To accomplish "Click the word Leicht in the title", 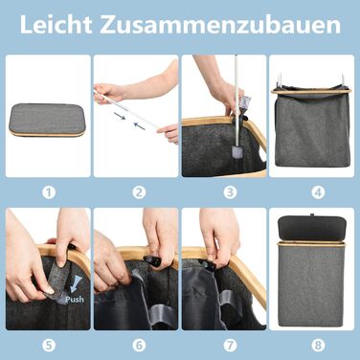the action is point(56,25).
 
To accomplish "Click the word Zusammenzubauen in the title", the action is point(220,25).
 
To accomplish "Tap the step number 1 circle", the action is point(49,192).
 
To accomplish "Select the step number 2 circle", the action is point(139,192).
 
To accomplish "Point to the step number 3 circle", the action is point(230,192).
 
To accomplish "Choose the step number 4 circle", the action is point(318,192).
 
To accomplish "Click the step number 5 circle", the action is point(49,346).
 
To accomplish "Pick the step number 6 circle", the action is point(139,346).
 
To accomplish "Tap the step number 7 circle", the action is point(230,346).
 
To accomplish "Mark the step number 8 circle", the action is point(318,346).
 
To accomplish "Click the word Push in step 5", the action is point(75,300).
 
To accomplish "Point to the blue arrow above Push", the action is point(76,283).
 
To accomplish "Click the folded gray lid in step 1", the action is point(48,120).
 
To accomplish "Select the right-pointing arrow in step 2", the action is point(120,116).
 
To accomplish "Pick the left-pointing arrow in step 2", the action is point(140,126).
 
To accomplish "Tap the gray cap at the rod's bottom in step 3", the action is point(237,150).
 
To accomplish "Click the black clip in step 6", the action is point(152,261).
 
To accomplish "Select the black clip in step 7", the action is point(208,264).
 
